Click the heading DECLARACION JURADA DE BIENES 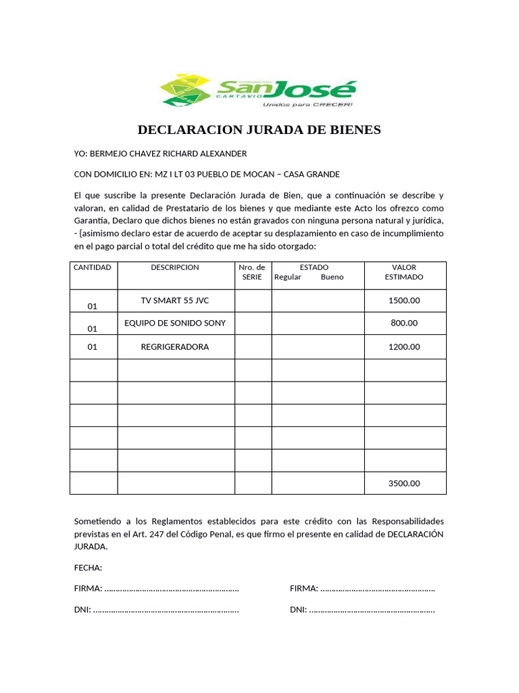tap(259, 129)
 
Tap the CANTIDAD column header tap(93, 267)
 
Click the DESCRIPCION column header tap(175, 267)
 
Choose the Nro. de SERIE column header tap(252, 272)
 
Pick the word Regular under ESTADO tap(287, 277)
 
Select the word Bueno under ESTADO tap(332, 277)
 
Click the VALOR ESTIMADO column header tap(404, 272)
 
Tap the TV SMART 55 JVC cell tap(175, 300)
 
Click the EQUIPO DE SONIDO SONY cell tap(175, 323)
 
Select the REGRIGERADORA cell tap(175, 346)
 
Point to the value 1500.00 tap(404, 300)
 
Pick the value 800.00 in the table tap(404, 323)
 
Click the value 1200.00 tap(404, 346)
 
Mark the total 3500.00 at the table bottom tap(404, 483)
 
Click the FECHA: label tap(88, 567)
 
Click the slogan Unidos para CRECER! tap(316, 105)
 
